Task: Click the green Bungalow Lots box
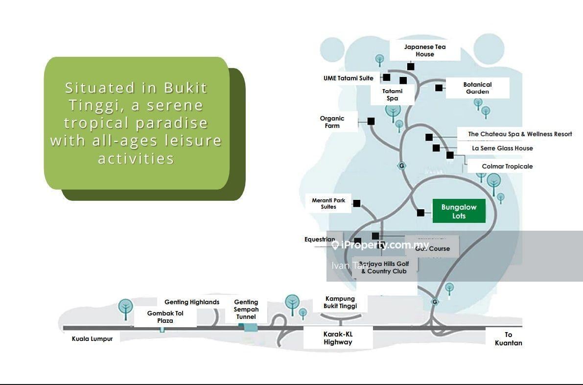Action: click(x=459, y=211)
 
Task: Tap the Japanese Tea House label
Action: click(x=425, y=50)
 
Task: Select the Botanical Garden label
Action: click(x=477, y=88)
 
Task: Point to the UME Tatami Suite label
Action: click(x=348, y=78)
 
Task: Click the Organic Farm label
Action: click(x=332, y=122)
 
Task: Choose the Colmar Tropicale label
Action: click(x=507, y=167)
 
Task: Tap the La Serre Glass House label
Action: click(x=502, y=148)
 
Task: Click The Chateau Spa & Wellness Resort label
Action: click(x=520, y=134)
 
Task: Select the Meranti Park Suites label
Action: click(x=328, y=203)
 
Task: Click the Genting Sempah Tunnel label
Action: click(x=246, y=310)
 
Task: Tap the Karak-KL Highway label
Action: click(x=338, y=338)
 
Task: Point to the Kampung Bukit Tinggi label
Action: click(x=340, y=302)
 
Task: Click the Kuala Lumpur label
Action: click(x=92, y=339)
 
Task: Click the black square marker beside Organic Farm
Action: click(x=371, y=121)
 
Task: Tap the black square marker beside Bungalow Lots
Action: click(x=420, y=213)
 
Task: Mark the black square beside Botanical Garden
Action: click(x=439, y=88)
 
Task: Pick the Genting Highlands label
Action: click(x=192, y=302)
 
